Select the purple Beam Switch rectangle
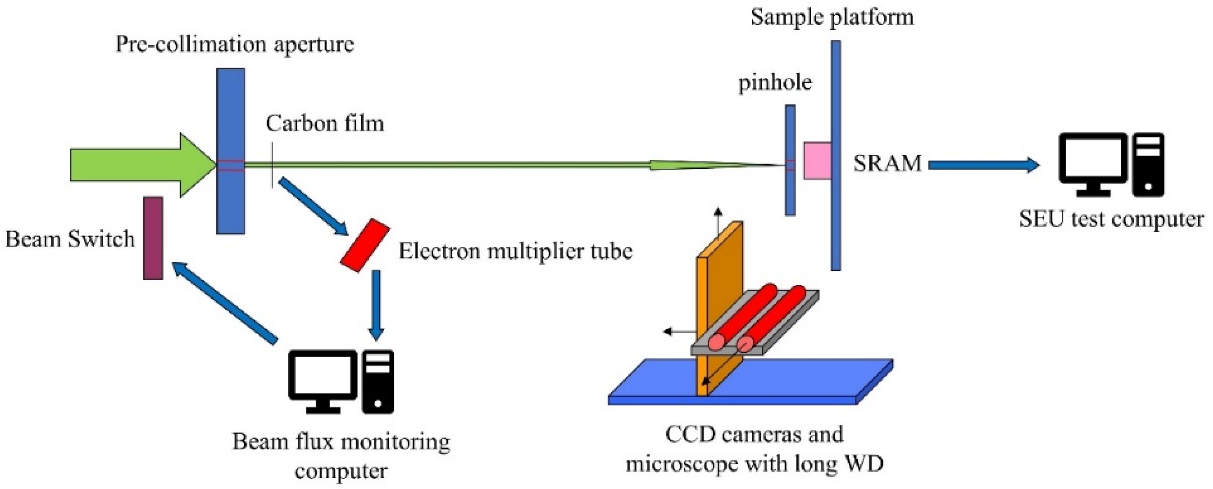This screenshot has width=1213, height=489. (x=153, y=238)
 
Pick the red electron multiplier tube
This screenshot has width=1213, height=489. (x=365, y=245)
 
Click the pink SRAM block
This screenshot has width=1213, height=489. (x=817, y=160)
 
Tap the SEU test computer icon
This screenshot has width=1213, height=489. (x=1111, y=165)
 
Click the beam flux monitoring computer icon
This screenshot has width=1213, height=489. (x=341, y=381)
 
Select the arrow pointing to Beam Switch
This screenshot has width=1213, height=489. (x=224, y=303)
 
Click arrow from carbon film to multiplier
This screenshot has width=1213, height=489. (x=313, y=206)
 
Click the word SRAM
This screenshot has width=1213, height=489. (x=887, y=163)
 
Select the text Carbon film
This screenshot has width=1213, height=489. (x=325, y=124)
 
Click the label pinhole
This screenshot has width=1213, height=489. (x=775, y=83)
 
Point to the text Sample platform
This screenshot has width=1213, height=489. (x=832, y=17)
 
